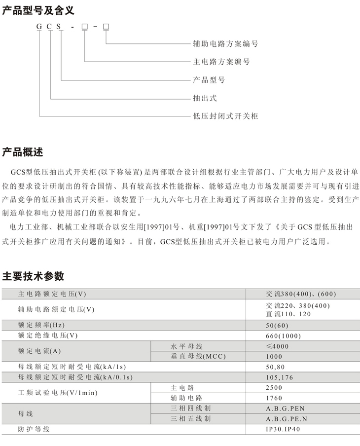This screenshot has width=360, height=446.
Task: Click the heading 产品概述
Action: pyautogui.click(x=23, y=152)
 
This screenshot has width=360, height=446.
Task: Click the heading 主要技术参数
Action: pyautogui.click(x=33, y=276)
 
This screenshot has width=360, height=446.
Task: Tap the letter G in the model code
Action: pyautogui.click(x=39, y=26)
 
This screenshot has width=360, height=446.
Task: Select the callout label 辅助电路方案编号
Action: pyautogui.click(x=225, y=44)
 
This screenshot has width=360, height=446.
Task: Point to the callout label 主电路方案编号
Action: pyautogui.click(x=221, y=62)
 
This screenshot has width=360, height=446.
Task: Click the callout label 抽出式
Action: pyautogui.click(x=205, y=98)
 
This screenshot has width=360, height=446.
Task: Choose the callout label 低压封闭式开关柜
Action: pyautogui.click(x=225, y=116)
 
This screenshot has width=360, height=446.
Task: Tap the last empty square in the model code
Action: pyautogui.click(x=106, y=26)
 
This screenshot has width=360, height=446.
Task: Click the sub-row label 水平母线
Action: pyautogui.click(x=183, y=346)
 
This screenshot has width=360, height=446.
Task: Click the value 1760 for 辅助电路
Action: pyautogui.click(x=274, y=398)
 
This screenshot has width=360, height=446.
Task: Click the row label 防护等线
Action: pyautogui.click(x=34, y=429)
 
